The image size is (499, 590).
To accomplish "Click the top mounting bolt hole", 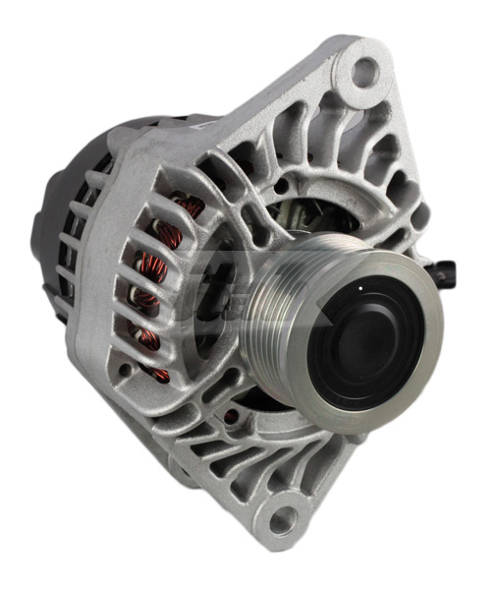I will (x=363, y=70).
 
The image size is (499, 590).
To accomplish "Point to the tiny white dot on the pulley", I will (x=360, y=286).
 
